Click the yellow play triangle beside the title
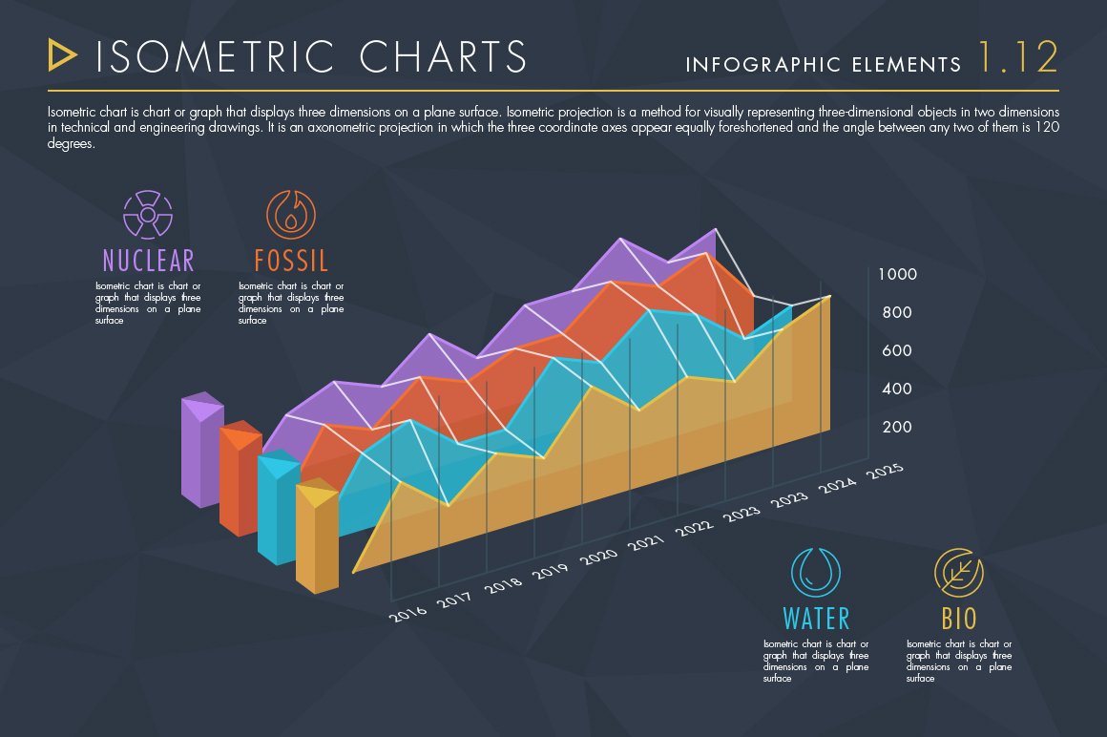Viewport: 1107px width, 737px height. pyautogui.click(x=62, y=55)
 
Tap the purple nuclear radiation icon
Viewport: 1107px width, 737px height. pyautogui.click(x=148, y=214)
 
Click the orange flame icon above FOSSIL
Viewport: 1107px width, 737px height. pyautogui.click(x=290, y=214)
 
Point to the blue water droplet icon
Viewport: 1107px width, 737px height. pyautogui.click(x=816, y=572)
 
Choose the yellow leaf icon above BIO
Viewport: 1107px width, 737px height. pyautogui.click(x=958, y=572)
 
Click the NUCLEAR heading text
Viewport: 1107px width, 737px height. pyautogui.click(x=148, y=260)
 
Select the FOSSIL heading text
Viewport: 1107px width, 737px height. pyautogui.click(x=291, y=260)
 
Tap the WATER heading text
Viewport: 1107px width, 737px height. pyautogui.click(x=816, y=618)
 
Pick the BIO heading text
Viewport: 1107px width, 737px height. pyautogui.click(x=959, y=618)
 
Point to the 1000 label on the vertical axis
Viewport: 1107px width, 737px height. pyautogui.click(x=897, y=275)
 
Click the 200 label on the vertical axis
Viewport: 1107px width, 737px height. pyautogui.click(x=896, y=427)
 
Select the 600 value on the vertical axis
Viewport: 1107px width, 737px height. pyautogui.click(x=896, y=350)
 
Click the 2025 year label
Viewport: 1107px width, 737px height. pyautogui.click(x=884, y=472)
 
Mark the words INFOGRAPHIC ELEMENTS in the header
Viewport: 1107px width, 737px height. pyautogui.click(x=824, y=65)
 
